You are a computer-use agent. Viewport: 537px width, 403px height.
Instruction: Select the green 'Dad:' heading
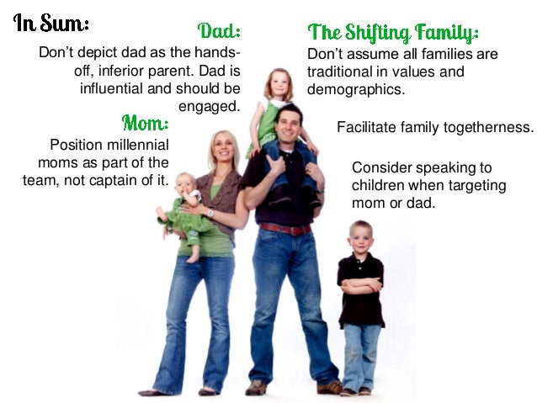pos(219,32)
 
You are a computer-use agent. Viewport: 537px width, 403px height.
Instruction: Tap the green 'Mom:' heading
pos(146,125)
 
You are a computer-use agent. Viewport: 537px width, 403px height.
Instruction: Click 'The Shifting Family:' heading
pos(393,34)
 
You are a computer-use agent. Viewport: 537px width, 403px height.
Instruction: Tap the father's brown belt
pos(284,229)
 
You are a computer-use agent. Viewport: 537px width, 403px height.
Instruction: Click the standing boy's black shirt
pos(360,290)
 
